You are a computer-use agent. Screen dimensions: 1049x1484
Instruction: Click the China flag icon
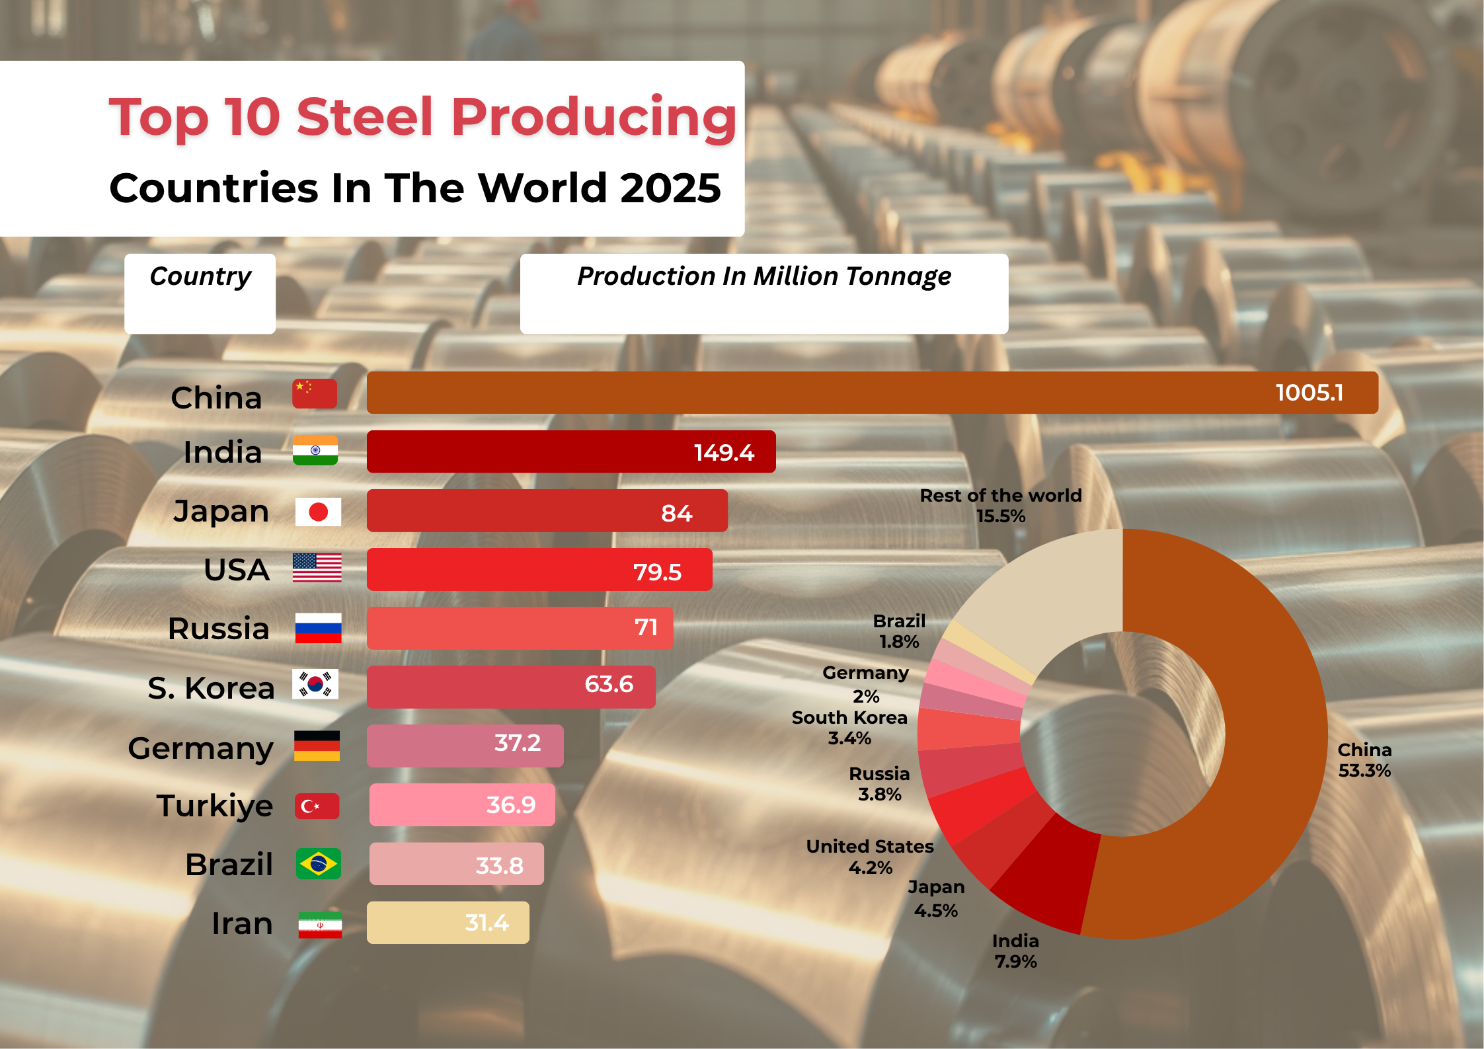point(315,393)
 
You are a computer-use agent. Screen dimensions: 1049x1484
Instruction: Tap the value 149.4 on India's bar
point(724,453)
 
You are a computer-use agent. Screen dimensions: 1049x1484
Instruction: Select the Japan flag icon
point(318,512)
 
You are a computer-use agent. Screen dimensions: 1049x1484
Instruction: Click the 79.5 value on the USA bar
point(657,572)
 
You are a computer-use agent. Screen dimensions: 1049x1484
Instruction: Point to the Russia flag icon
point(318,628)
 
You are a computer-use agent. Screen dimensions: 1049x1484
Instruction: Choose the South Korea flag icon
point(315,684)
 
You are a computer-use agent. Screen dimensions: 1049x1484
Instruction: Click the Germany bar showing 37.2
point(465,746)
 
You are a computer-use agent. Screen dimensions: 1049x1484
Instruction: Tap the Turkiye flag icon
point(317,806)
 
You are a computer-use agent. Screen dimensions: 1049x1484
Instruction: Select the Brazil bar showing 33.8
point(456,864)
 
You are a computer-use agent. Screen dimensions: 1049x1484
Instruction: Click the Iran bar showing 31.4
point(448,923)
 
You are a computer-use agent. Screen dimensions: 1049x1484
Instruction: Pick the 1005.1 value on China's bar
point(1309,393)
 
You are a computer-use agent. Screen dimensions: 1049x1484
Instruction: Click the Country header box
point(200,293)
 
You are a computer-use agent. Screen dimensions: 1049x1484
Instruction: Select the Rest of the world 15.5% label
point(1000,506)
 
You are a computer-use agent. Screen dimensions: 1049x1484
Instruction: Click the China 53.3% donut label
point(1364,760)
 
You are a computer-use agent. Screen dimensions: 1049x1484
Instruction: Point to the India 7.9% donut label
point(1015,951)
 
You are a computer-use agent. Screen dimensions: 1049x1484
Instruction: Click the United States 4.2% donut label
point(870,857)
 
